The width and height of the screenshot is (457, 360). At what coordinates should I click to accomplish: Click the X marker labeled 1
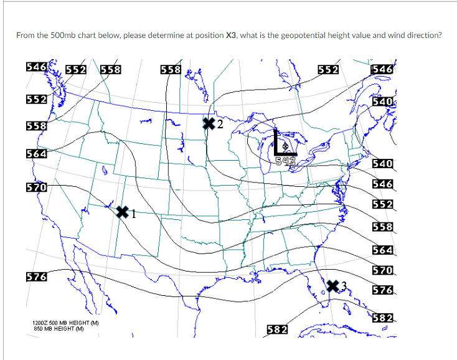(123, 212)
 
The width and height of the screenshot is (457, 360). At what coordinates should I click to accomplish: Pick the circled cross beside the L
(286, 146)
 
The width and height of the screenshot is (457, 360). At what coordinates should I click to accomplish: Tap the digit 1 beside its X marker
(133, 216)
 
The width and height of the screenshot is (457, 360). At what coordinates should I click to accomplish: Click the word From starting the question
(25, 35)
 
